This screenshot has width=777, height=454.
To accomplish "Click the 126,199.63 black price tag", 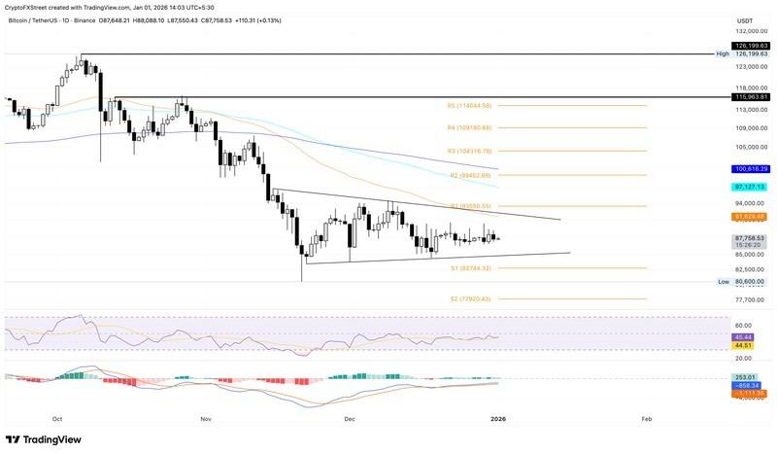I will [752, 45].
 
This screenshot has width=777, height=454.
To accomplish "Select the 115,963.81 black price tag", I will [752, 97].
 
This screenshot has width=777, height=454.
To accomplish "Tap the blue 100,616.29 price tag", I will [752, 169].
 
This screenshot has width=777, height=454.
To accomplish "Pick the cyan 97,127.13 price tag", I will [752, 186].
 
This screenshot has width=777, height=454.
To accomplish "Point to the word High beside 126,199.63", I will [723, 54].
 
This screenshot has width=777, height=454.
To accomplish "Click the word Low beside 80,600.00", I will [724, 281].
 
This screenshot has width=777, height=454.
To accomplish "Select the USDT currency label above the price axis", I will [745, 20].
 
